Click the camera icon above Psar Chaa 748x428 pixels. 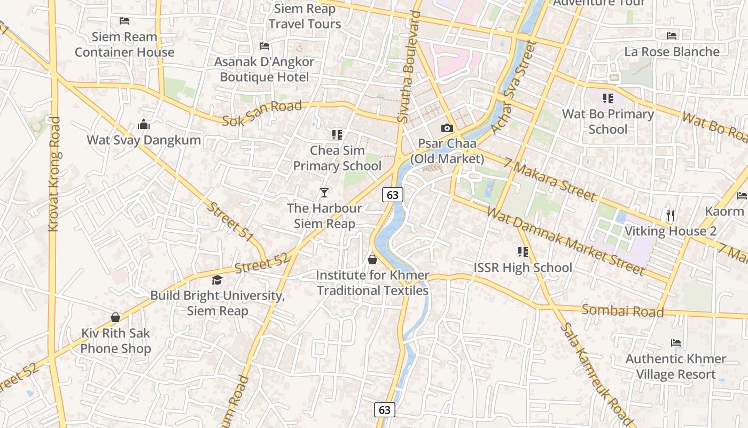point(447,128)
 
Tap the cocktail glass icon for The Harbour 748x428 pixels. point(324,192)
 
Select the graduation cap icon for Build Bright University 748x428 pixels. point(217,280)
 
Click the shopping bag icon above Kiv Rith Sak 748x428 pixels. point(115,317)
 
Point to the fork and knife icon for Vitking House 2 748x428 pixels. point(671,216)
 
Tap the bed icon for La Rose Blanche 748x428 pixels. point(672,36)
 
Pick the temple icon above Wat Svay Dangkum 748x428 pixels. point(143,125)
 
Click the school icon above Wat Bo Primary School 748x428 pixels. point(607,98)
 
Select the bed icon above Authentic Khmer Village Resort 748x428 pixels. point(675,343)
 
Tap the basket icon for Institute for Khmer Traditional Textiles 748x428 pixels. point(372,259)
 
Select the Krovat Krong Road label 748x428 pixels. point(54,174)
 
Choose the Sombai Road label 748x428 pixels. point(622,311)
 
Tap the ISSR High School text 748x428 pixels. point(523,267)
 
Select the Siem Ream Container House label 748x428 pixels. point(124,44)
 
